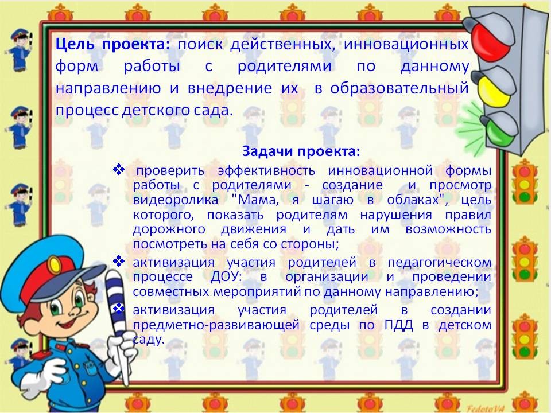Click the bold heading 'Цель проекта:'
112,45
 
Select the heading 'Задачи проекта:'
301,151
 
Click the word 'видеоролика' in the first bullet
176,200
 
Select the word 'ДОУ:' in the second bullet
226,276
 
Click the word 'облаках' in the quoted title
413,200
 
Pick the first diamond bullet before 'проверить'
119,169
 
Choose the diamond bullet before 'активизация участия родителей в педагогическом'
119,261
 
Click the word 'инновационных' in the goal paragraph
406,45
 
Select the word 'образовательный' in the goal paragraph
399,88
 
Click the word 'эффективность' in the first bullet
266,171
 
